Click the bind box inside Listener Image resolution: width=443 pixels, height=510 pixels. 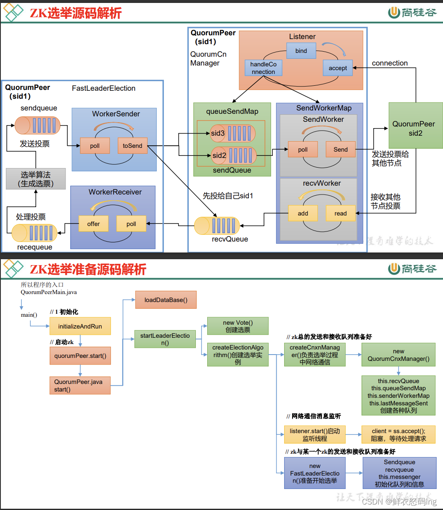pyautogui.click(x=301, y=51)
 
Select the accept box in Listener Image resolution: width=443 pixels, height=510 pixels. pyautogui.click(x=338, y=68)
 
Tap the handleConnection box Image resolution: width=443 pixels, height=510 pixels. pyautogui.click(x=263, y=68)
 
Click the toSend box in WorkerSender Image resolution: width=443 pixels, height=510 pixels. pyautogui.click(x=132, y=146)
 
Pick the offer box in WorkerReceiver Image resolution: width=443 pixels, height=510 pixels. pyautogui.click(x=93, y=224)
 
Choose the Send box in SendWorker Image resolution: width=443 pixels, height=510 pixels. pyautogui.click(x=340, y=150)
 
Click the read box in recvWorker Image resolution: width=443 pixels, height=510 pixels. pyautogui.click(x=340, y=213)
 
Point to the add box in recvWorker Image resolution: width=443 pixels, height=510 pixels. pyautogui.click(x=303, y=213)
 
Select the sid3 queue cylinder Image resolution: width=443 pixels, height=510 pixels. pyautogui.click(x=233, y=133)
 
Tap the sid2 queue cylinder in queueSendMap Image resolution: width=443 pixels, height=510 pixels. pyautogui.click(x=233, y=155)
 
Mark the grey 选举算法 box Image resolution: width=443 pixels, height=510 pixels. pyautogui.click(x=36, y=179)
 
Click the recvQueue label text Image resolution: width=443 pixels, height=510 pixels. pyautogui.click(x=230, y=239)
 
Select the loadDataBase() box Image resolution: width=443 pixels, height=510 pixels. pyautogui.click(x=166, y=300)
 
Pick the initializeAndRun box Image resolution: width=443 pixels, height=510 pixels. pyautogui.click(x=80, y=326)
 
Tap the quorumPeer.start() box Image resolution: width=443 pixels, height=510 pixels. pyautogui.click(x=80, y=356)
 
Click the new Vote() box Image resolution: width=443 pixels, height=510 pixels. pyautogui.click(x=238, y=326)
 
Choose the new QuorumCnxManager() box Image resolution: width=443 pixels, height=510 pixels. pyautogui.click(x=398, y=355)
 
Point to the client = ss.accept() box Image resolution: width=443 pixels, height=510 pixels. pyautogui.click(x=398, y=435)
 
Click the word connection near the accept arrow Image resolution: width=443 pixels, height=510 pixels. pyautogui.click(x=390, y=63)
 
